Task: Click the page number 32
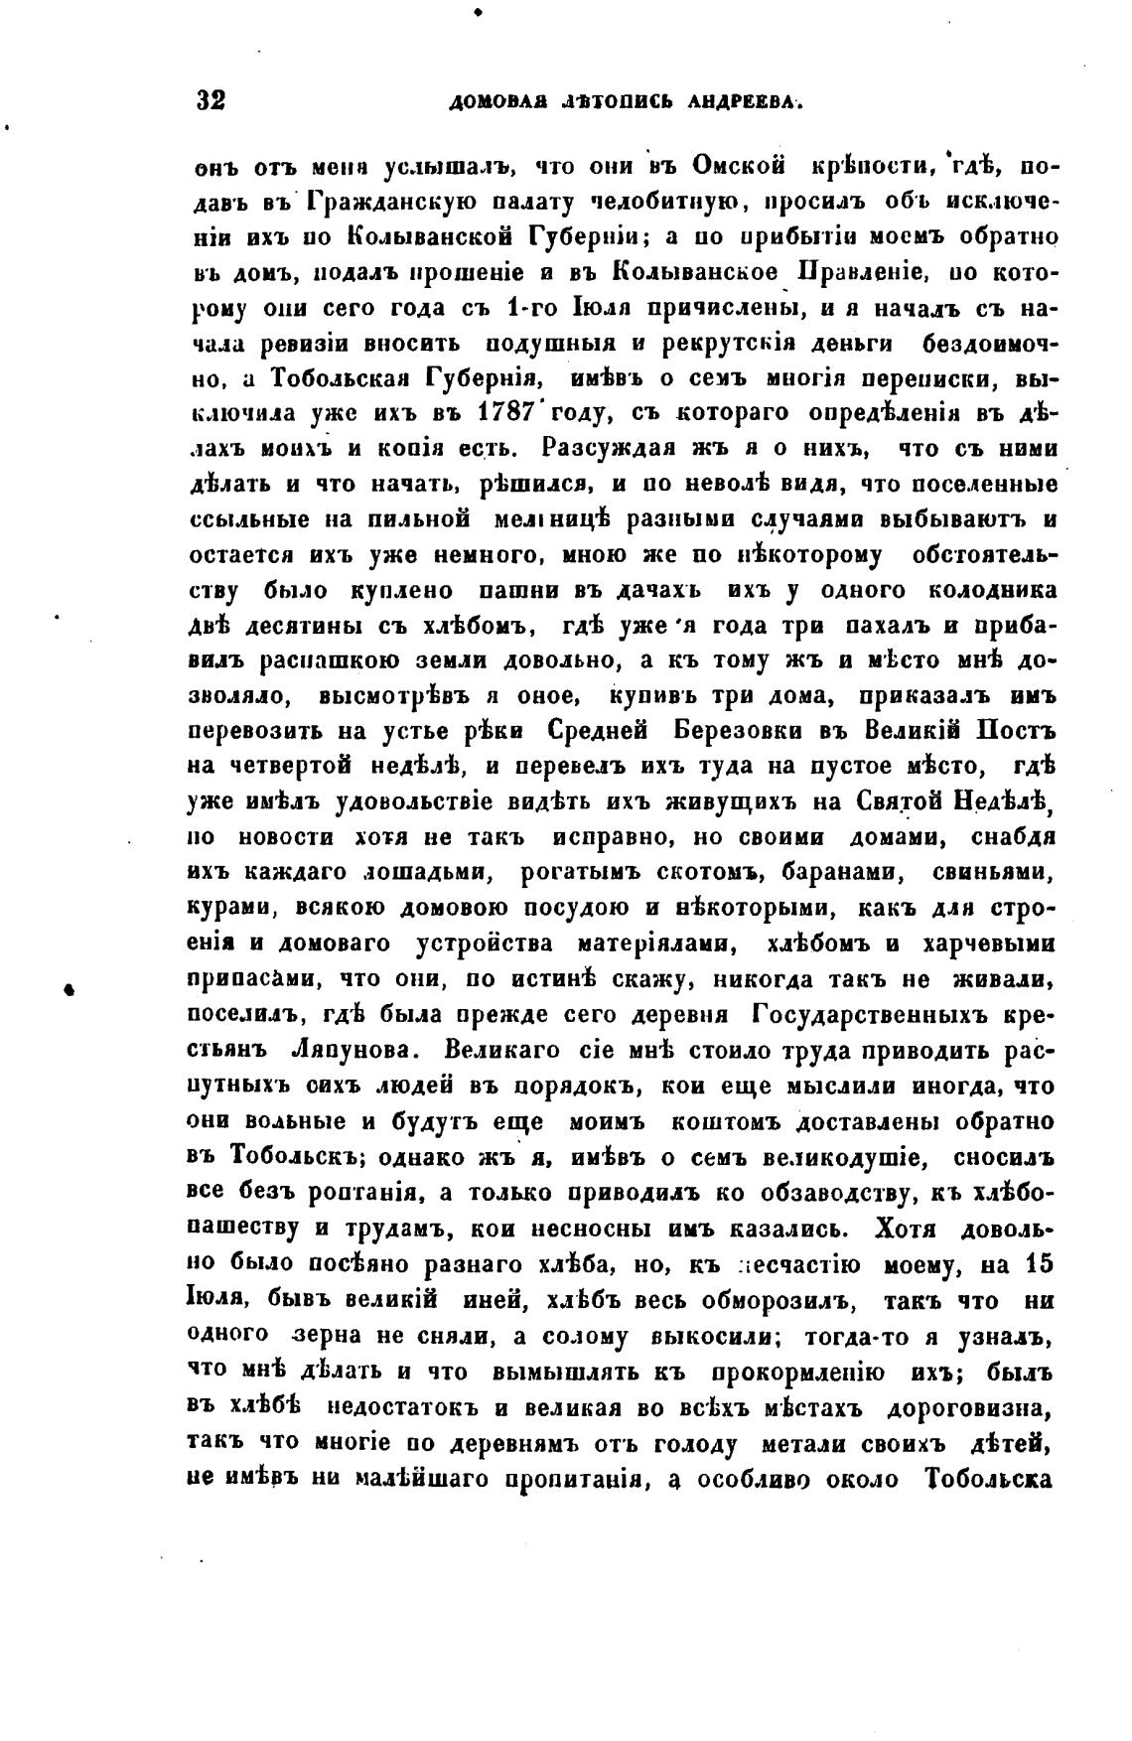pyautogui.click(x=212, y=101)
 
